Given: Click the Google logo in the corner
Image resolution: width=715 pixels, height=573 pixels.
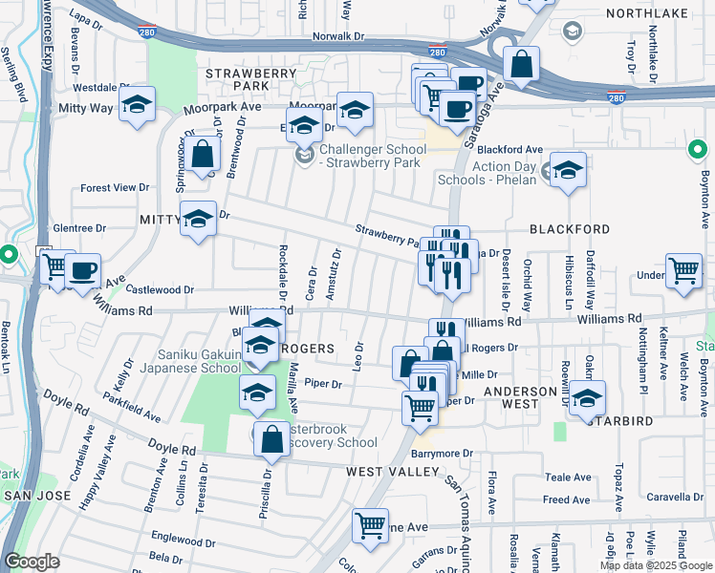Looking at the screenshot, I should (x=32, y=562).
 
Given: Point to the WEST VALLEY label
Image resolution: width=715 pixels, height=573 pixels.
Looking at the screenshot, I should (x=384, y=472).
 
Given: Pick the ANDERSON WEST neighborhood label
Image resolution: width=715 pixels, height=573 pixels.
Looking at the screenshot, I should (x=520, y=392).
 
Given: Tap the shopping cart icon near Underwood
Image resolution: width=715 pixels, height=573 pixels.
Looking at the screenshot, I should (x=683, y=271).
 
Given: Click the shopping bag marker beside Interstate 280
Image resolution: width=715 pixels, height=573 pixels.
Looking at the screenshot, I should (x=521, y=65).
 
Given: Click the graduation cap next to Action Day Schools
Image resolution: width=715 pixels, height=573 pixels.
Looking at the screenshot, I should (x=568, y=171).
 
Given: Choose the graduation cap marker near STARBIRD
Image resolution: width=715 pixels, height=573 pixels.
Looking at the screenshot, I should (x=588, y=398).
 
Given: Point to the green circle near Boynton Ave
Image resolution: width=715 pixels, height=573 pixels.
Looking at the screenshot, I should (x=699, y=150).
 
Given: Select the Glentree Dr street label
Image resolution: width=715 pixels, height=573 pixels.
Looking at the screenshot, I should (x=80, y=228).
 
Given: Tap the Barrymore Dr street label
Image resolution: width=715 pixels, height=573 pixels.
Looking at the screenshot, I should (x=443, y=454).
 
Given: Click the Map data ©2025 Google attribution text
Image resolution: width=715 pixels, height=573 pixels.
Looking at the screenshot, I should (x=657, y=565).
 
